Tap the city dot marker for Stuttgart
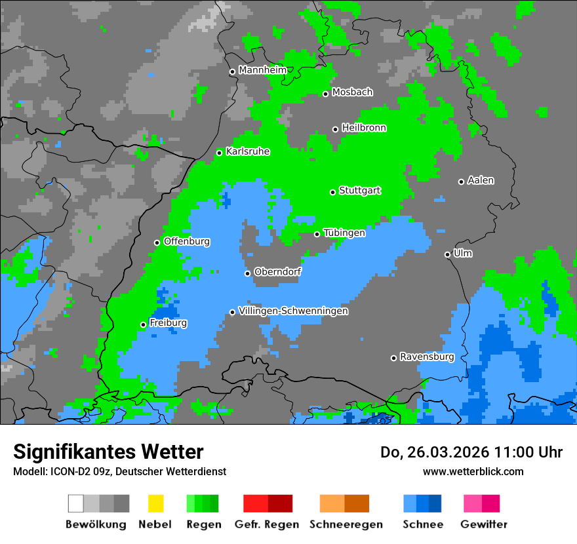332,192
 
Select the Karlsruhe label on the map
248,151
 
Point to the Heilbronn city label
364,128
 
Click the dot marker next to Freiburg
143,324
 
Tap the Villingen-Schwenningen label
293,311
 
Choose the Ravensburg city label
427,357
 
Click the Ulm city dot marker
447,254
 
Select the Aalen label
481,180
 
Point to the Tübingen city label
344,233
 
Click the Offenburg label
187,241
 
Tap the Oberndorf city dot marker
247,273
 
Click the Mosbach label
352,92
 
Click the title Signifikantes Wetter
108,452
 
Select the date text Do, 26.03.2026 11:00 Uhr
471,452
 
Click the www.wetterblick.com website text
473,471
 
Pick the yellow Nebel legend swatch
155,503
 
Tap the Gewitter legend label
483,524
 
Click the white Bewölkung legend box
76,503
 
